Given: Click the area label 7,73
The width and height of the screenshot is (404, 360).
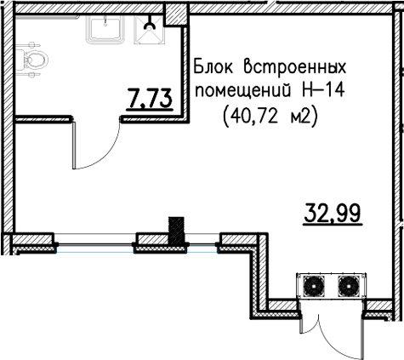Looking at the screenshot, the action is coord(150,98).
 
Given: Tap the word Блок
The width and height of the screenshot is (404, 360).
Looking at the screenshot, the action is coord(213,67).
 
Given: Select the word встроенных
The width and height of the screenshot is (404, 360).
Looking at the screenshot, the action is coord(295,67).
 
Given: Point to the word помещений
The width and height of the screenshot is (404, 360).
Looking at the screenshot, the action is coord(243,92).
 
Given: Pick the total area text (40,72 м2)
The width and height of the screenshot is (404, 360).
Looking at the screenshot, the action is coord(270,117).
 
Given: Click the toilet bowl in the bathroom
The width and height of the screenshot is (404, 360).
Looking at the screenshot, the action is coord(31,60).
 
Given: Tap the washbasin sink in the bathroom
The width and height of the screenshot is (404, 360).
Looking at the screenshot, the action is coord(105,29).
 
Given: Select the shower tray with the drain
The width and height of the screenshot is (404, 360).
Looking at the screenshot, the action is coord(150,30).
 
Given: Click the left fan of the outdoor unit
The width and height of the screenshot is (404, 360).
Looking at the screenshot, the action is coord(314,286).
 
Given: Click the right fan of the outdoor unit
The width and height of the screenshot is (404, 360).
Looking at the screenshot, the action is coord(349,286).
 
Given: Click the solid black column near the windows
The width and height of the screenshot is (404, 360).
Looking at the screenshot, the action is coord(176,231).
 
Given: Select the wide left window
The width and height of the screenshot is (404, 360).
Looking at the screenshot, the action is coord(94,244).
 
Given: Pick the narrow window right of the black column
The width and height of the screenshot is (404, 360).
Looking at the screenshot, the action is coord(202,244).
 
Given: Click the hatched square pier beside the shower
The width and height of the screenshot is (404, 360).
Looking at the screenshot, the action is coord(177,14).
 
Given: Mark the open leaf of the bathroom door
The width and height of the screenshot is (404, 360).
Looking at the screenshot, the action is coord(74,146).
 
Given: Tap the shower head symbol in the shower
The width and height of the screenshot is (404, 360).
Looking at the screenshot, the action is coord(150,24).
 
